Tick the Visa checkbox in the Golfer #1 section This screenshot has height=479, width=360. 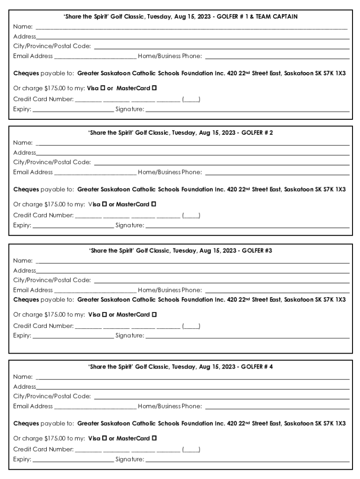[x=103, y=88]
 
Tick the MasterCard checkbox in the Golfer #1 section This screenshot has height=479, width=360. [x=154, y=88]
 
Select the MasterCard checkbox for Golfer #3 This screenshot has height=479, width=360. [x=154, y=314]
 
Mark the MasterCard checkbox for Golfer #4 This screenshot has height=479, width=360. [x=154, y=438]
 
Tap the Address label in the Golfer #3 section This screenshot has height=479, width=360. [x=24, y=270]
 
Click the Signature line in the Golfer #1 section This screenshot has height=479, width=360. [x=247, y=111]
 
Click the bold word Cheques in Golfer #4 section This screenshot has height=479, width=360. [x=26, y=423]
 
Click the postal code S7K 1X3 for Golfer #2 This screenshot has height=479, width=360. [x=334, y=189]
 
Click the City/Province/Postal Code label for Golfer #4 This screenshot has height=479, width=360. [x=52, y=396]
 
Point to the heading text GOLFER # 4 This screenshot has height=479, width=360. [x=257, y=367]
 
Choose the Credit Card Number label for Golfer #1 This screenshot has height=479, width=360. [x=43, y=99]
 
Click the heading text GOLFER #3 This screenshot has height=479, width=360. [x=257, y=251]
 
